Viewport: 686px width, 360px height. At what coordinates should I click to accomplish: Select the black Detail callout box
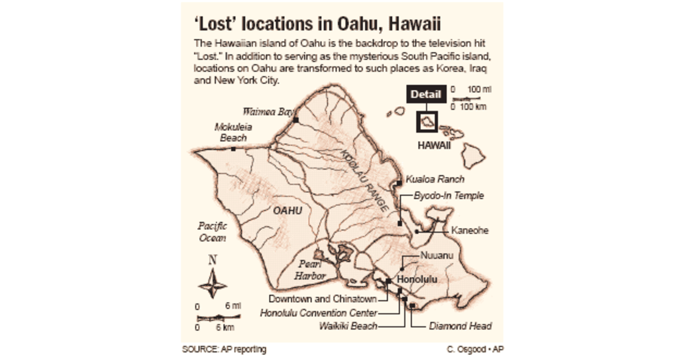[426, 94]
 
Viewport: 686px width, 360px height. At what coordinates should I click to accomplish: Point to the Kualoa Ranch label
[434, 179]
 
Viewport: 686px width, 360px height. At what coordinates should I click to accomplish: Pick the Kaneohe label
[470, 231]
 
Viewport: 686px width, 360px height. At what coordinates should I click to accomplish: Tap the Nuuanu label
[436, 255]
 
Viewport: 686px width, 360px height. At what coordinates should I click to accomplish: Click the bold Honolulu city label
[417, 280]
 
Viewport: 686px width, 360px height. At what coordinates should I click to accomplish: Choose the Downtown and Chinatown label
[322, 299]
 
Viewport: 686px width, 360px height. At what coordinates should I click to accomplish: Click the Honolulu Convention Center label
[318, 313]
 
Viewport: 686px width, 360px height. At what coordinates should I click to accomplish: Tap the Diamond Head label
[460, 326]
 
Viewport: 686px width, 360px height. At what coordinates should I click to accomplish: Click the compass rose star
[212, 285]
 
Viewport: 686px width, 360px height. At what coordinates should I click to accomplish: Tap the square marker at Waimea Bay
[296, 119]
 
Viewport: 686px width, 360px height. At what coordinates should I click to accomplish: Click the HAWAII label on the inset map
[434, 146]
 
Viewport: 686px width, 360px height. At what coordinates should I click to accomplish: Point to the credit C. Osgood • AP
[475, 349]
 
